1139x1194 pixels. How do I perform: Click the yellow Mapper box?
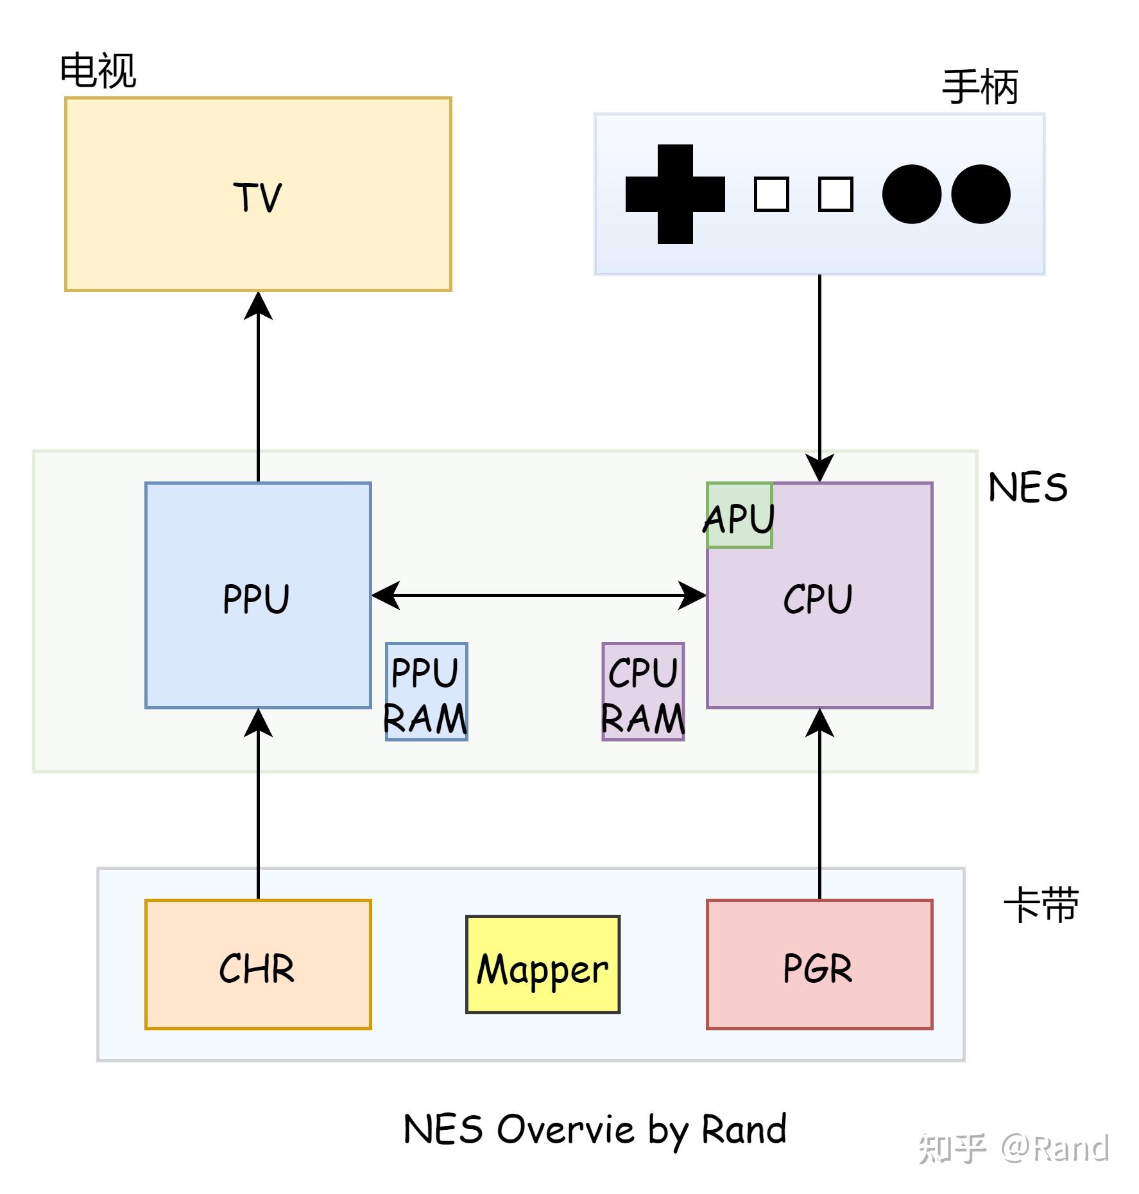click(x=542, y=964)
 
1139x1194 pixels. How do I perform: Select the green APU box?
click(x=739, y=515)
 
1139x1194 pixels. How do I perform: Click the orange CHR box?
click(x=258, y=964)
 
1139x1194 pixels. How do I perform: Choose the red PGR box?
click(x=819, y=964)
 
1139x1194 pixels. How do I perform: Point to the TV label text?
click(x=257, y=197)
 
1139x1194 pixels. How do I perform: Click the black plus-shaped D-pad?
click(x=675, y=194)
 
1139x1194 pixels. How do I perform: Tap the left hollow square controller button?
click(x=771, y=194)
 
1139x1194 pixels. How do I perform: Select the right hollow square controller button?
click(x=835, y=194)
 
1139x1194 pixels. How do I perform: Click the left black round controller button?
click(x=912, y=194)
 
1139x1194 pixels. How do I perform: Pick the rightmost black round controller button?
click(x=981, y=194)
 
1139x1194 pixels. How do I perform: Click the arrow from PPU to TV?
click(x=258, y=385)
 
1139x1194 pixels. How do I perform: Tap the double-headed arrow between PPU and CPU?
click(x=539, y=596)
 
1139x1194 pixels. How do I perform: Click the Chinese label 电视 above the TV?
click(x=98, y=71)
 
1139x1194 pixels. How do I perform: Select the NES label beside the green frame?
click(x=1027, y=488)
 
